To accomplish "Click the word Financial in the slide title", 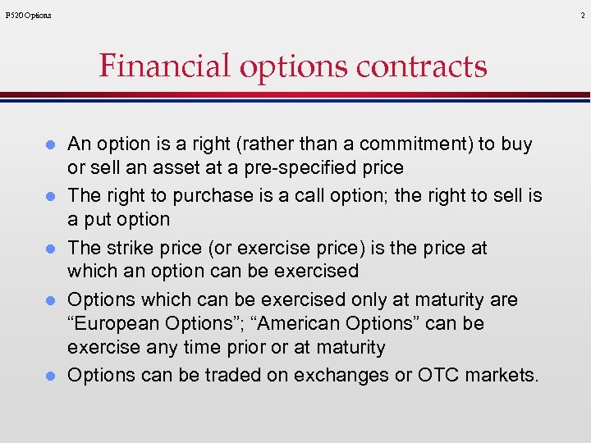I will (x=165, y=66).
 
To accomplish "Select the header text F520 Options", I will (x=28, y=15).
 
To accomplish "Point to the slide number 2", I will (x=581, y=15).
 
